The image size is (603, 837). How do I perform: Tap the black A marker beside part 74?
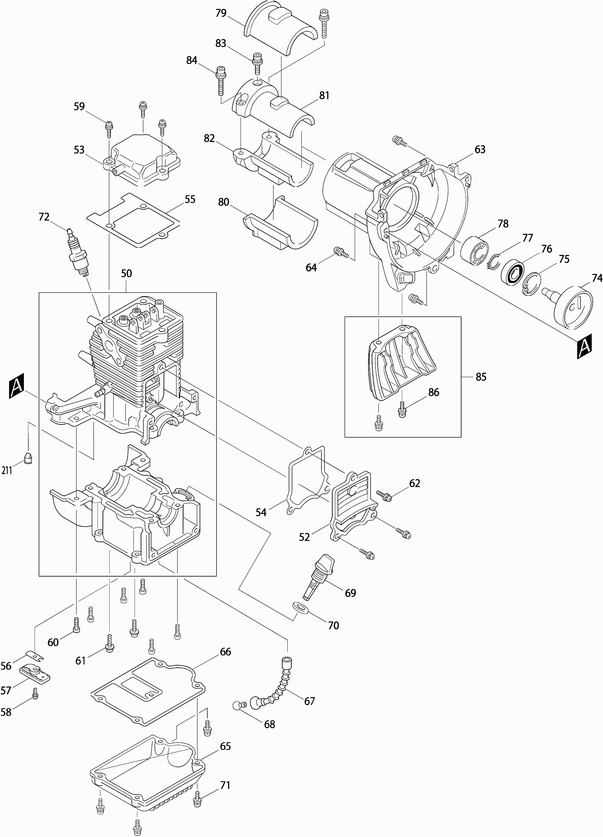point(584,346)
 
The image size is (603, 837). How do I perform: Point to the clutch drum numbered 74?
point(572,306)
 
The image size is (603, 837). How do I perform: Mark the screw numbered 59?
point(109,127)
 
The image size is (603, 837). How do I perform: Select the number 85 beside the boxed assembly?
point(481,377)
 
